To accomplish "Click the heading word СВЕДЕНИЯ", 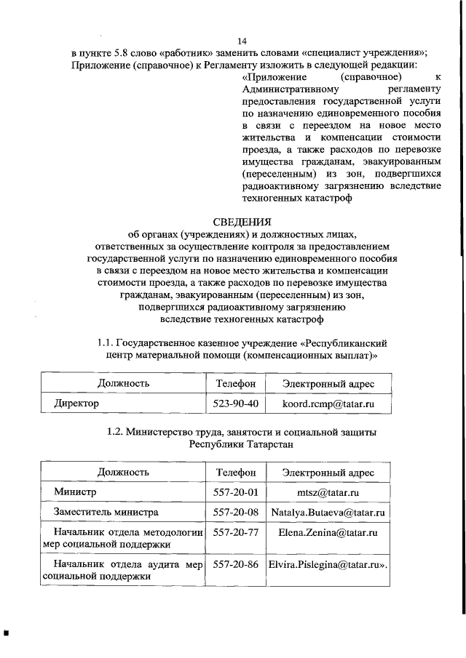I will [x=242, y=222].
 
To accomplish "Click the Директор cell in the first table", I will [x=75, y=402].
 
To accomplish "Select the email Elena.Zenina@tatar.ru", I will [x=327, y=533].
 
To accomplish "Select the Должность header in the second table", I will [x=123, y=473].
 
